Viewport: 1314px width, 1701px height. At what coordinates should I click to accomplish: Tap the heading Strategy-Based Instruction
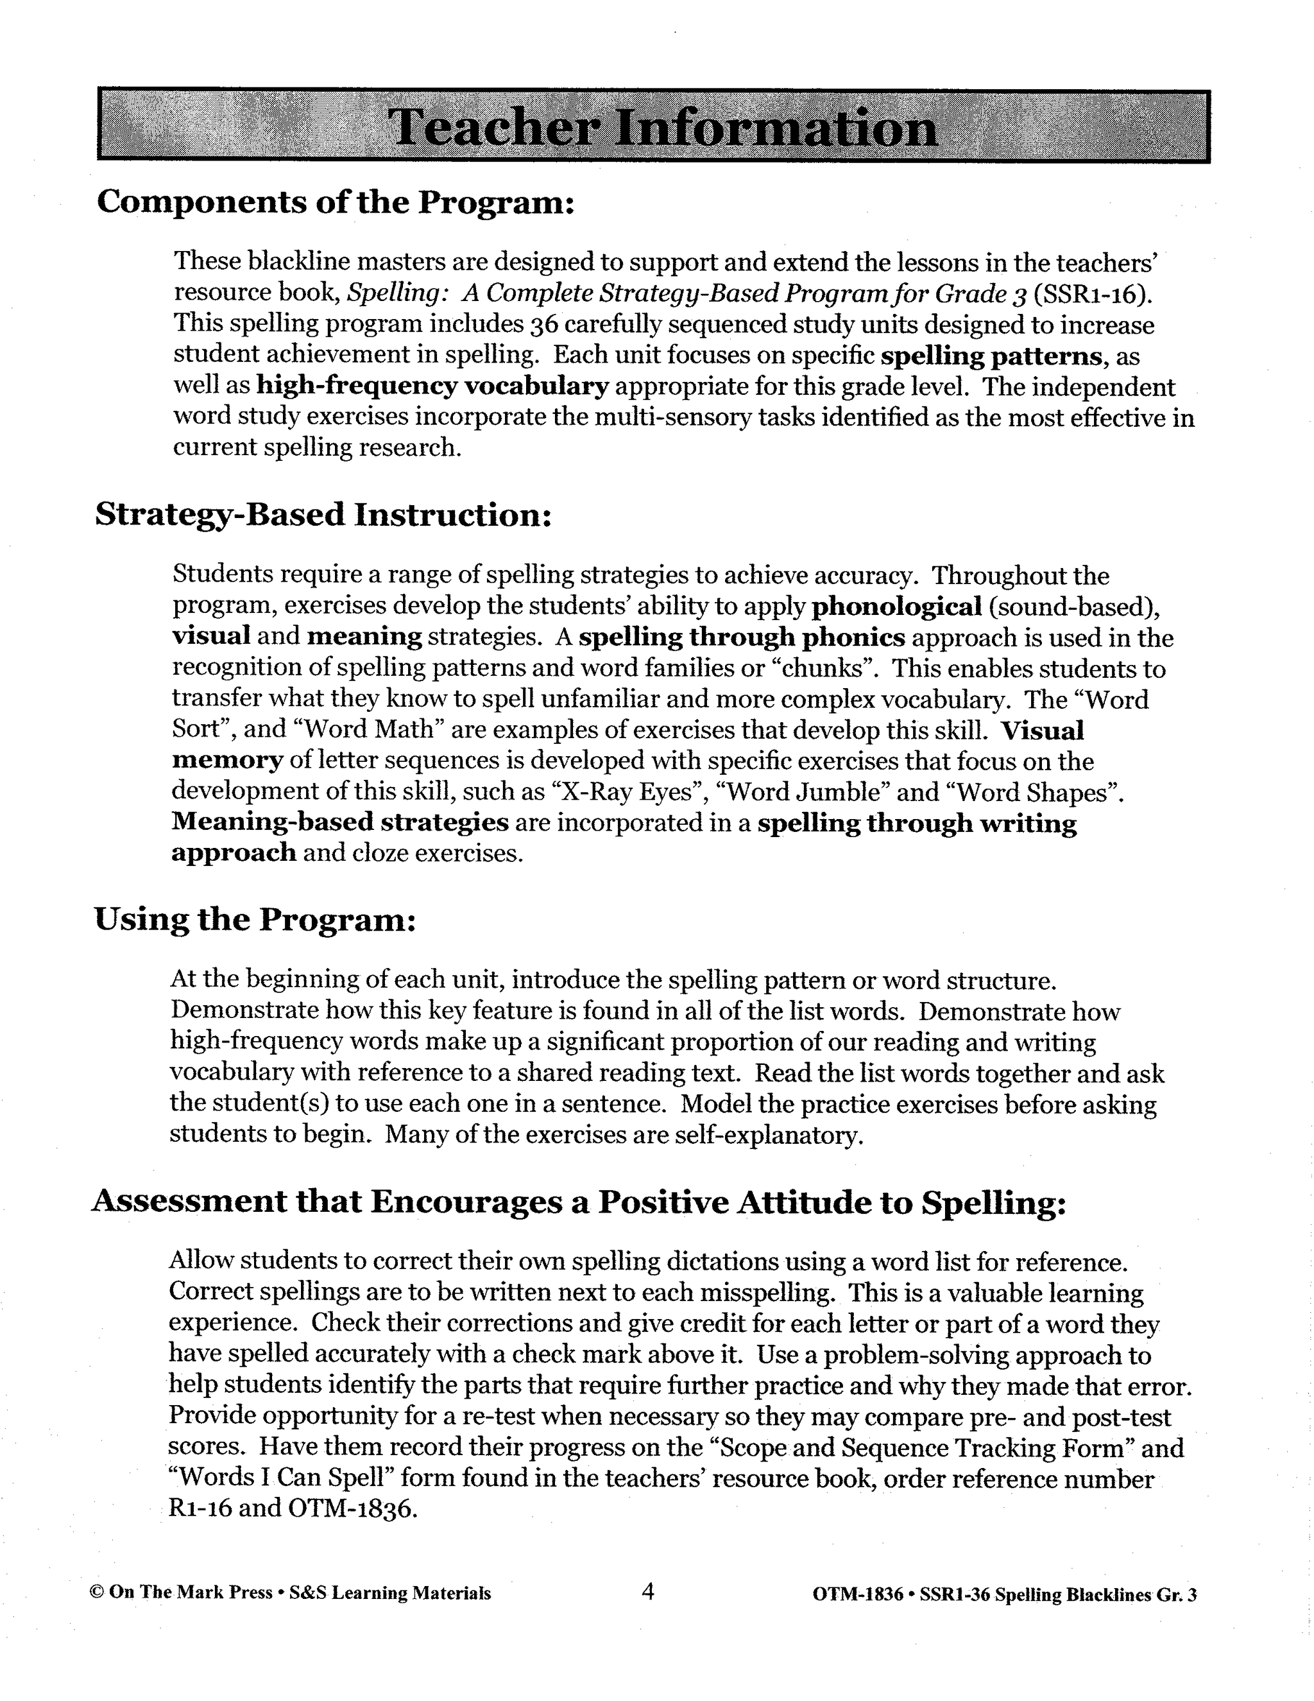coord(323,515)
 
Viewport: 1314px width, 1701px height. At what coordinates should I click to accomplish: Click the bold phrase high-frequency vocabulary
coord(432,386)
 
